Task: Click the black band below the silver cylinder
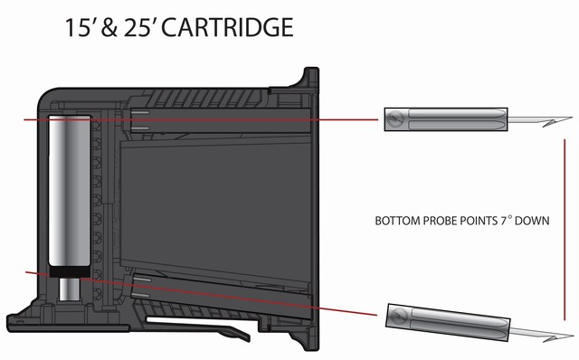coord(67,270)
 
